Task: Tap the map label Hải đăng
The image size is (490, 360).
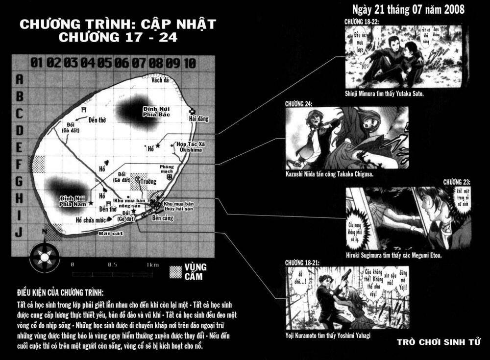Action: pos(196,119)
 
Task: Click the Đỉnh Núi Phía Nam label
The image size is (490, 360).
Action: pos(73,200)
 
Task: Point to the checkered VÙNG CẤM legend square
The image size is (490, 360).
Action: pos(175,272)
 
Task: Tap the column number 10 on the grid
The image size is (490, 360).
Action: pos(191,63)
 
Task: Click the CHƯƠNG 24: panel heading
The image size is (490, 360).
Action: pos(297,103)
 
